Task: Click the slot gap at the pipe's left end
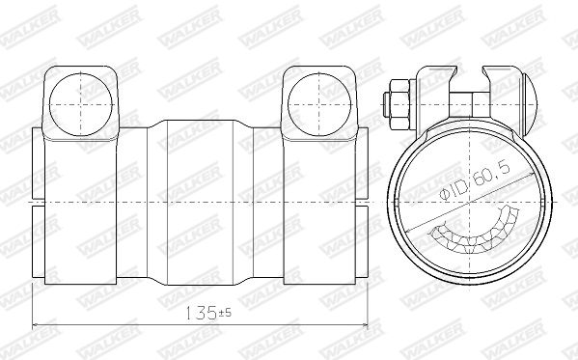tap(39, 204)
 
